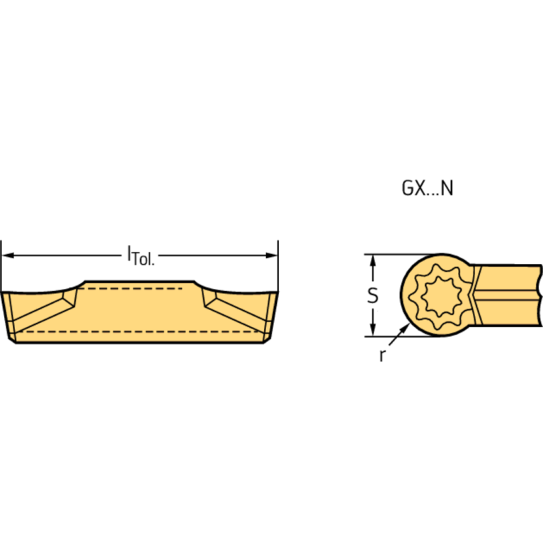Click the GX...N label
[427, 188]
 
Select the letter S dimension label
[372, 295]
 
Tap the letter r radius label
[382, 355]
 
